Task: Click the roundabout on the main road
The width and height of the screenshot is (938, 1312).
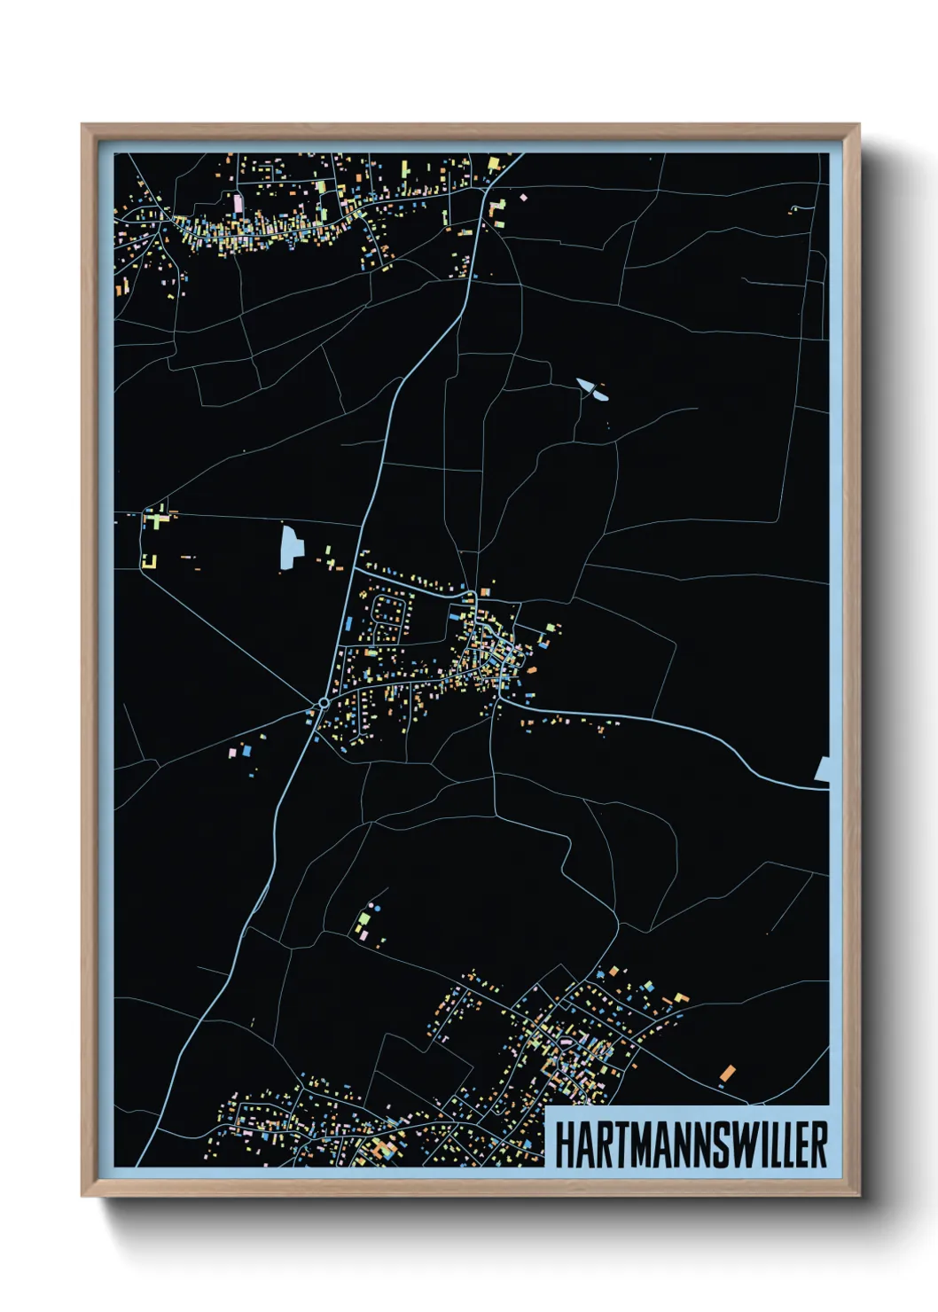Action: coord(324,703)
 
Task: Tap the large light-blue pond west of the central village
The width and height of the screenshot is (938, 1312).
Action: coord(290,546)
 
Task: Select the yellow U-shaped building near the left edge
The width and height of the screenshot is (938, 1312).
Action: coord(149,560)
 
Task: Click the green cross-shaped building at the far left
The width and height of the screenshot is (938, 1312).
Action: coord(156,519)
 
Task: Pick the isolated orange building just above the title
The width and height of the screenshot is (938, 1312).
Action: coord(728,1074)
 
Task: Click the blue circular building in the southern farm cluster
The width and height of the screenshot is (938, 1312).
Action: coord(377,909)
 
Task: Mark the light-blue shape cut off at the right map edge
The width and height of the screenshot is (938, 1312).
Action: coord(823,770)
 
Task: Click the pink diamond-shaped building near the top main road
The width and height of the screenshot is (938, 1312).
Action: coord(523,197)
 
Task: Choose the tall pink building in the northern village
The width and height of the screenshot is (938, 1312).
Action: coord(238,203)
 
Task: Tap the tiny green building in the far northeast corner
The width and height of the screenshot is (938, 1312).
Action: coord(793,209)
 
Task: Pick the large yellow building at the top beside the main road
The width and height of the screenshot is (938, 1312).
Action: coord(495,164)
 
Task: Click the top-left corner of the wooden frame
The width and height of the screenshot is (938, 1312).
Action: coord(82,125)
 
